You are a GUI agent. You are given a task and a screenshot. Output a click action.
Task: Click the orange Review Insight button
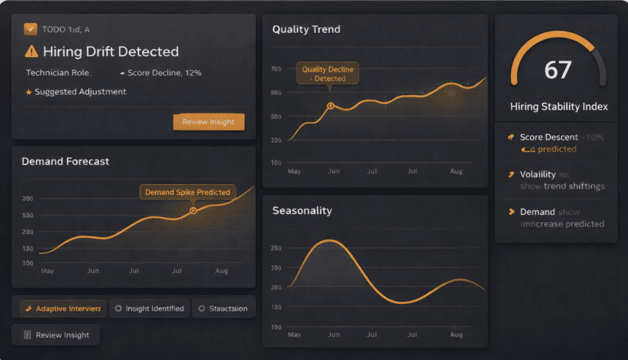point(209,122)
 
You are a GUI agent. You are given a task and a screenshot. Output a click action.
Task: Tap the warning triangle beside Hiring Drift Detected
point(31,52)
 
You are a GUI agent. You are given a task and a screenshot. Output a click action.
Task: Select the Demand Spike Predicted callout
point(187,192)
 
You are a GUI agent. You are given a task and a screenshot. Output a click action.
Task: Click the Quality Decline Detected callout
point(327,74)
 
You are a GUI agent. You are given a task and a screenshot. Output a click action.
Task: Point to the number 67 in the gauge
point(557,70)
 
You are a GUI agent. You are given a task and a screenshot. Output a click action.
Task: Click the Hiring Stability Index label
point(559,107)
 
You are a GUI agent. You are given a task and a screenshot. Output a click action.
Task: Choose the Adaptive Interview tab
point(60,308)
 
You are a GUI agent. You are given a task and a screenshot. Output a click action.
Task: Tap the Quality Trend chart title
point(306,29)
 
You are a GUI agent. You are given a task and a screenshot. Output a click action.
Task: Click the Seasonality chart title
point(302,211)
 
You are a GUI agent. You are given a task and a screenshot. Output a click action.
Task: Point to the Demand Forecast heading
point(66,162)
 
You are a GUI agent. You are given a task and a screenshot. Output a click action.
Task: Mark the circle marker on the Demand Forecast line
point(193,210)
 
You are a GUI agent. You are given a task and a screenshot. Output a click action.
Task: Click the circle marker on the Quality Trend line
point(331,105)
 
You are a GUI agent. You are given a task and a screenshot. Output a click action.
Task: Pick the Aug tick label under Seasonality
point(456,335)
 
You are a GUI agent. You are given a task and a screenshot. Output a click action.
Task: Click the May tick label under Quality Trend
point(295,172)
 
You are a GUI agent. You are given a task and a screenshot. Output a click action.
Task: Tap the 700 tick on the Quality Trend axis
point(275,69)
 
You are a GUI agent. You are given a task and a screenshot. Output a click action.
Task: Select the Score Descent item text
point(548,137)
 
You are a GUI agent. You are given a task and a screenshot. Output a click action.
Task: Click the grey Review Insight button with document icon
point(56,335)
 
